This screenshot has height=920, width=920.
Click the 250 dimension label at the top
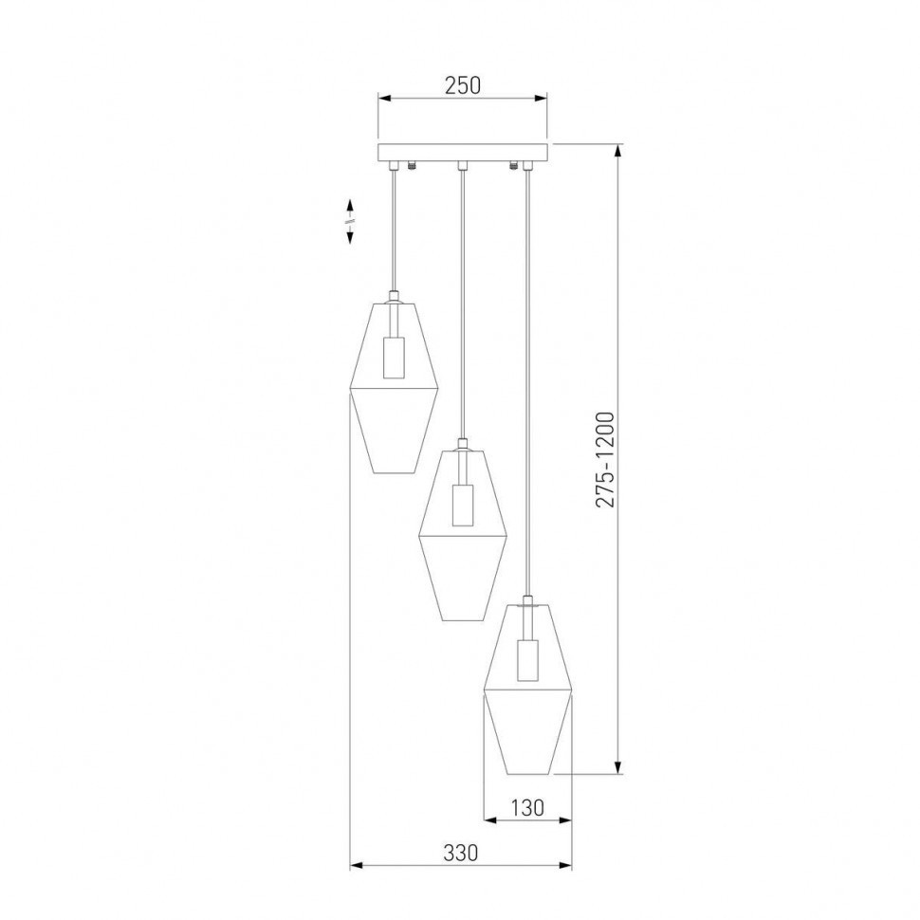coord(463,84)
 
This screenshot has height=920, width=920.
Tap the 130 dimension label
coord(527,807)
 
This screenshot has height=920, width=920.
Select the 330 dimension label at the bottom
coord(461,853)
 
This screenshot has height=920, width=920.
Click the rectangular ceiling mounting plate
coord(463,153)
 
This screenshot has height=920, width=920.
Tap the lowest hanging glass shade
coord(527,688)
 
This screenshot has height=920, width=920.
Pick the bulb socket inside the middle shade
coord(462,505)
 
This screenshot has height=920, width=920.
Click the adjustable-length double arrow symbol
coord(350,221)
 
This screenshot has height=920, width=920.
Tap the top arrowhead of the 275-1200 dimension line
coord(618,150)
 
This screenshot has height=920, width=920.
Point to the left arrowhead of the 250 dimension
coord(384,97)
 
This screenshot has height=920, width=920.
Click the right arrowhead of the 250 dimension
coord(543,97)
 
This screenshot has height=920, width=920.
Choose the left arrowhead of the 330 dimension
coord(357,865)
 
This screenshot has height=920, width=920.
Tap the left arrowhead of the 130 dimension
coord(489,819)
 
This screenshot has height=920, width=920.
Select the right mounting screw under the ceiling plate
coord(514,167)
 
